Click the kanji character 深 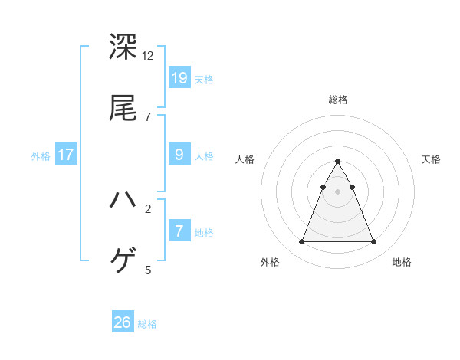[x=123, y=47]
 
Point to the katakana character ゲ [x=123, y=261]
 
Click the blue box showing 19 [x=179, y=77]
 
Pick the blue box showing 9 [x=179, y=155]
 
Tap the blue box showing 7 [x=179, y=231]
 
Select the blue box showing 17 [x=66, y=155]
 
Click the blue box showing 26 [x=123, y=322]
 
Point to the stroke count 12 [x=148, y=56]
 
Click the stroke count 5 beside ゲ [x=148, y=270]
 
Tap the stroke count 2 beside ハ [x=148, y=208]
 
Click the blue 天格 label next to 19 [x=204, y=80]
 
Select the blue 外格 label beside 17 [x=41, y=156]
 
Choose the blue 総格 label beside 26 [x=147, y=325]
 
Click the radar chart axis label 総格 [x=338, y=100]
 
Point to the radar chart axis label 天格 [x=431, y=159]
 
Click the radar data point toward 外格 [x=301, y=242]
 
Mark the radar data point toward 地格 [x=373, y=242]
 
